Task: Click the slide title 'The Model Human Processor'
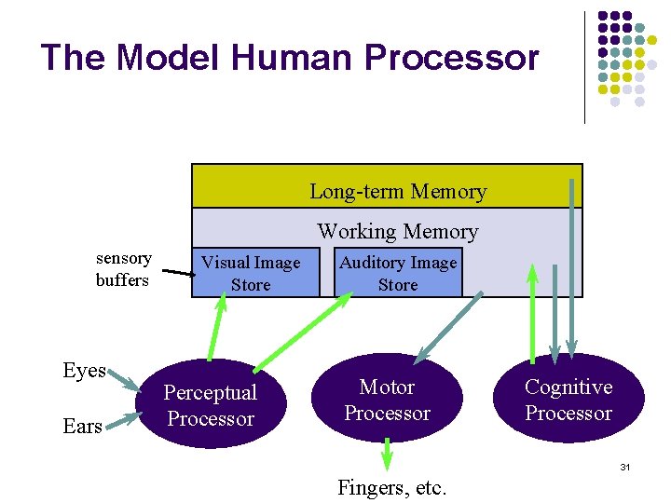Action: pos(290,58)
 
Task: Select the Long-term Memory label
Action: pos(398,192)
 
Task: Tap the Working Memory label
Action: pos(398,231)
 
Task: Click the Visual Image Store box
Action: pos(252,273)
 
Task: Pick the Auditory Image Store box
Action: pos(398,273)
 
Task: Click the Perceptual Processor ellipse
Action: pos(210,405)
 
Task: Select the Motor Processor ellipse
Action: pos(387,399)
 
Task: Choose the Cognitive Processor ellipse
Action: pos(568,399)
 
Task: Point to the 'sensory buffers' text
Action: pos(123,268)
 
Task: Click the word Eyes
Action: pos(84,370)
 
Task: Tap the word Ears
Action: pos(82,426)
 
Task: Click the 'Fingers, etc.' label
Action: pos(392,486)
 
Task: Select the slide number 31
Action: pos(625,466)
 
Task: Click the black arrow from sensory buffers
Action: pos(178,274)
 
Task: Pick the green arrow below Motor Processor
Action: pos(388,455)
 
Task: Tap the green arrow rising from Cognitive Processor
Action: pos(532,312)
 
